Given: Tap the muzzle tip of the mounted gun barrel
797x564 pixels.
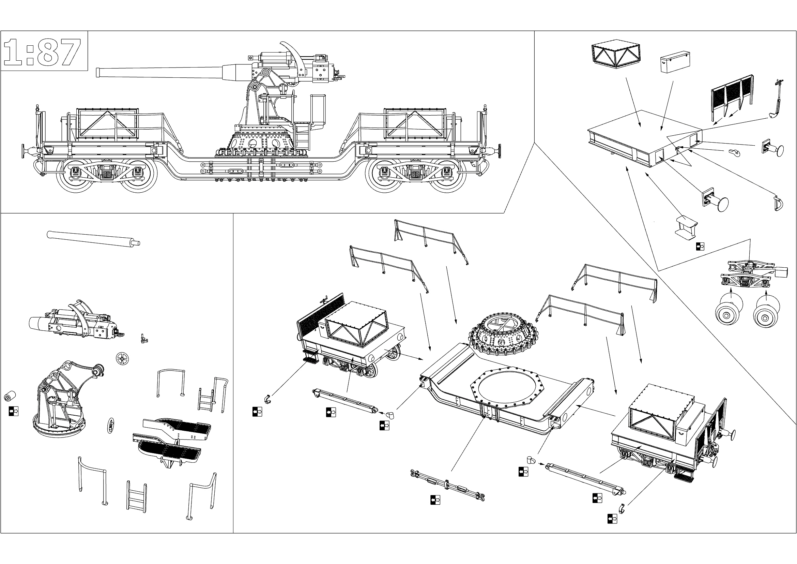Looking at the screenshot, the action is click(x=97, y=72).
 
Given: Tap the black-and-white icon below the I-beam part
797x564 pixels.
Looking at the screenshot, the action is click(x=700, y=247).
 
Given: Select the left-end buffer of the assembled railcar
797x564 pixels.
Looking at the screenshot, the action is click(x=27, y=150).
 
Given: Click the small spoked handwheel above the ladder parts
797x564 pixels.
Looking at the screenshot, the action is click(x=122, y=358).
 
